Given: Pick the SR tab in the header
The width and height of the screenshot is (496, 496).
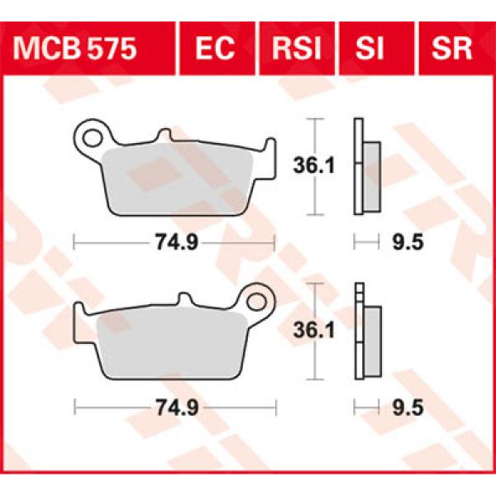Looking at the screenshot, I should pos(451,49).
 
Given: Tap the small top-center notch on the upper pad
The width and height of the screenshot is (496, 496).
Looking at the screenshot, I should pos(165,133).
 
